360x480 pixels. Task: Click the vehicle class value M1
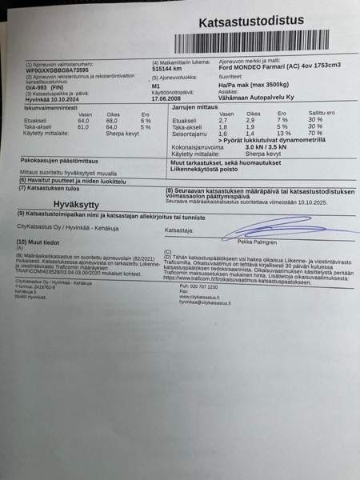pos(157,86)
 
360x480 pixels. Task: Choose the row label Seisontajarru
pos(191,134)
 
